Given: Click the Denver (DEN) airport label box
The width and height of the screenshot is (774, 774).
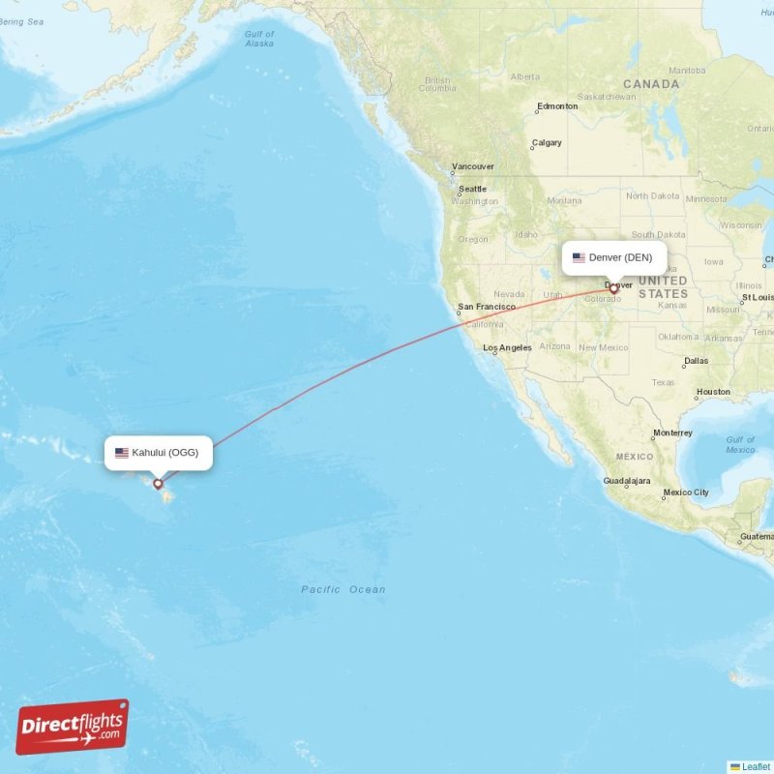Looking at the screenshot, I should pos(614,257).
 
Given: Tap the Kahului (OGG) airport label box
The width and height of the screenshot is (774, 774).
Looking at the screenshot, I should pos(158,452).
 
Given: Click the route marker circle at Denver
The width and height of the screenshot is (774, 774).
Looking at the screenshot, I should pos(613,288).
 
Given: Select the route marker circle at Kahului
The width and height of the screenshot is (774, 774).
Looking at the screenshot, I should pos(158,484).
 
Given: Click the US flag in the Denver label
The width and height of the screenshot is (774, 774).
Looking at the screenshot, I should pos(579,257).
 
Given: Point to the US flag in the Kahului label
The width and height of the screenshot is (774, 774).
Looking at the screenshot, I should pos(122,452).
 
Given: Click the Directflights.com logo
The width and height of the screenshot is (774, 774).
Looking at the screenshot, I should pos(72,727).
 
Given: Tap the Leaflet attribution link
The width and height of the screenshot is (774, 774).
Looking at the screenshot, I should pos(756,766).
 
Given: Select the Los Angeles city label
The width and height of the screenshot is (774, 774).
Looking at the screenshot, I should pos(507,347).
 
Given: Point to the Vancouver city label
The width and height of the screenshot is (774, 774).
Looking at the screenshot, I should pos(473,166).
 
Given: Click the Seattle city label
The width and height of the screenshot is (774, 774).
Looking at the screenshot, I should pos(472,189).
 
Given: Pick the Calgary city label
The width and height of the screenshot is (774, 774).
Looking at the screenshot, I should pos(547,143).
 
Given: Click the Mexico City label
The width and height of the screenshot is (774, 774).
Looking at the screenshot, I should pos(686,492).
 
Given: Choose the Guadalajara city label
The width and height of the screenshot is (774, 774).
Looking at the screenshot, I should pos(627,481).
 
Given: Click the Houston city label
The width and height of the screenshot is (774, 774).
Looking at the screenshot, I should pos(713,392).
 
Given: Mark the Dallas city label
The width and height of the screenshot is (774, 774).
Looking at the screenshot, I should pos(695,361).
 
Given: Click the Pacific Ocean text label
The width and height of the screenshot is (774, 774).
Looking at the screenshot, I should pos(342,589).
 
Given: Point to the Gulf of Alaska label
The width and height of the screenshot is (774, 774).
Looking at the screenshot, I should pos(259,39).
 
